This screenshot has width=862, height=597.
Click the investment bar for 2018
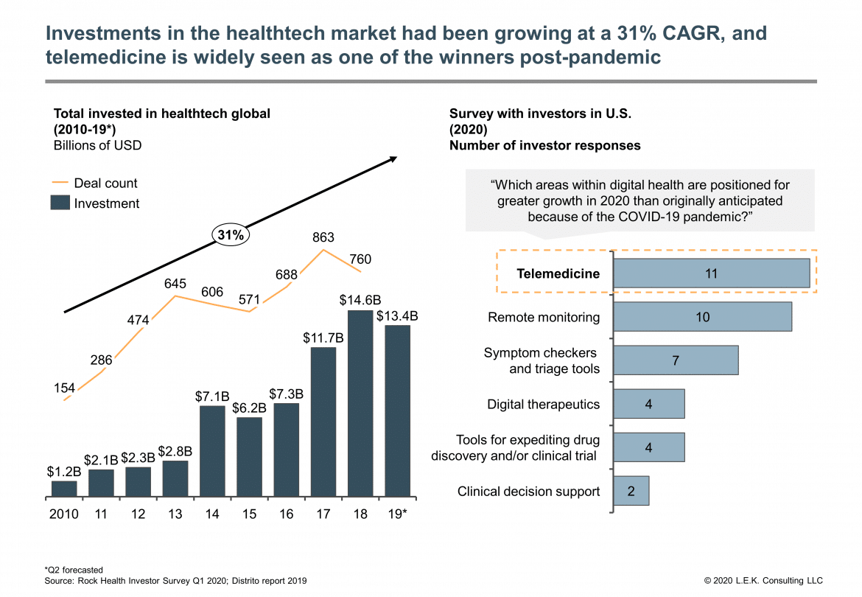(360, 403)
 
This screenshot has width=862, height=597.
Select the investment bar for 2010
(64, 488)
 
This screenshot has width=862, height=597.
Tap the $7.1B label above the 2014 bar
(212, 396)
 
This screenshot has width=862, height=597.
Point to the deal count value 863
(323, 237)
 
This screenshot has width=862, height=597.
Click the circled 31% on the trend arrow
(231, 235)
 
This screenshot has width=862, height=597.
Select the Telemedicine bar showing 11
(711, 273)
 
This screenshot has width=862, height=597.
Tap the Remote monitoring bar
(702, 317)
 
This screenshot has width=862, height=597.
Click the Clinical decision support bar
(631, 491)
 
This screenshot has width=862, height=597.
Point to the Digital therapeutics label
(543, 404)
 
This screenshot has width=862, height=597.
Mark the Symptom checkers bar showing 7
(675, 360)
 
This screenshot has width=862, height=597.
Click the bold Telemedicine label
(558, 274)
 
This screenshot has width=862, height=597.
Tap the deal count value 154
(65, 387)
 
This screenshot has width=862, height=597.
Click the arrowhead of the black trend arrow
(394, 158)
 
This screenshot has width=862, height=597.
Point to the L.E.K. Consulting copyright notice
(763, 581)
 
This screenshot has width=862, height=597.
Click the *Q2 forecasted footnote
(74, 570)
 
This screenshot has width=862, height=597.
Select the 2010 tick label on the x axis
(64, 514)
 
